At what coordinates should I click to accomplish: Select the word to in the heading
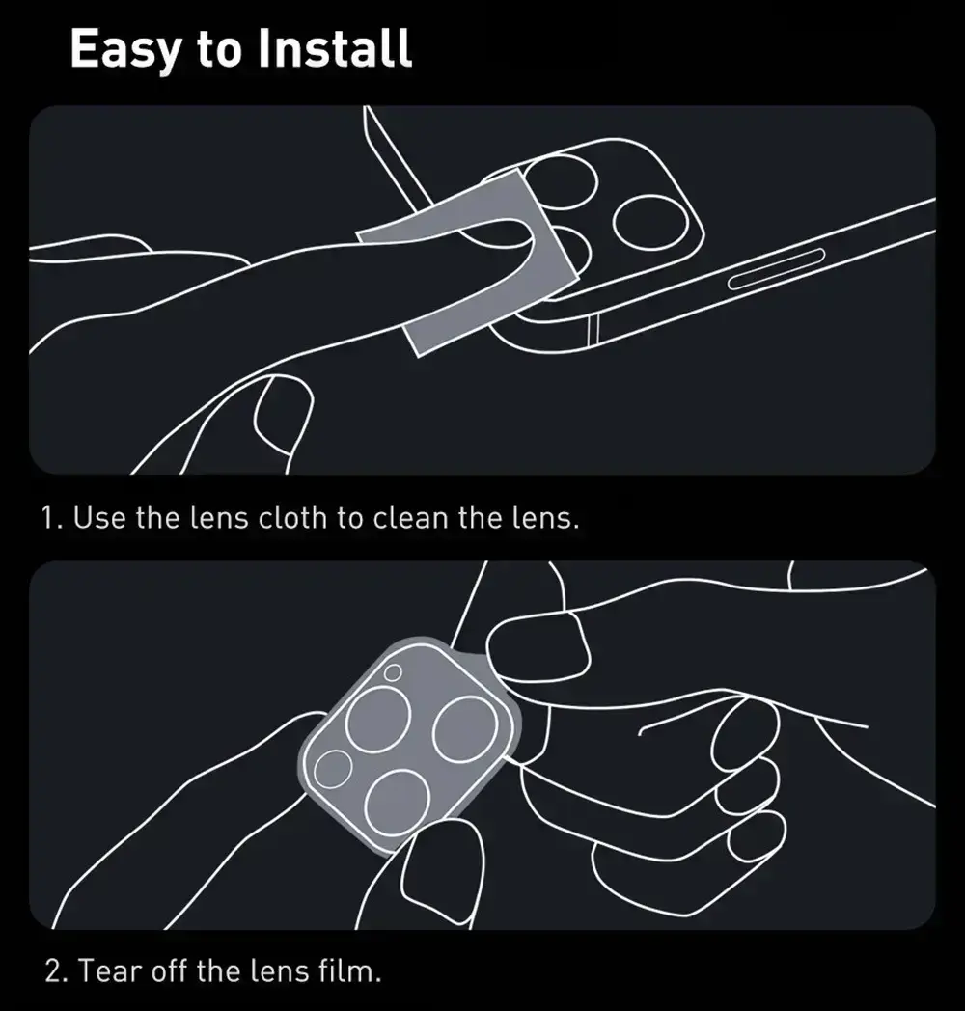219,51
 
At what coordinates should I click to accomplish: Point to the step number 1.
51,518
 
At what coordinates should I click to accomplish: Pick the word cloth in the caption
292,517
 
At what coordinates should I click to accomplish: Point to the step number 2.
54,971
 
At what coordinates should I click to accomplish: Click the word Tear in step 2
110,971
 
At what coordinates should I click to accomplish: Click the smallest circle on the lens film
392,673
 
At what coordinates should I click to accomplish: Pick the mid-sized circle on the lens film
333,769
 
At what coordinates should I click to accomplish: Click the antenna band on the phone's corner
593,330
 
